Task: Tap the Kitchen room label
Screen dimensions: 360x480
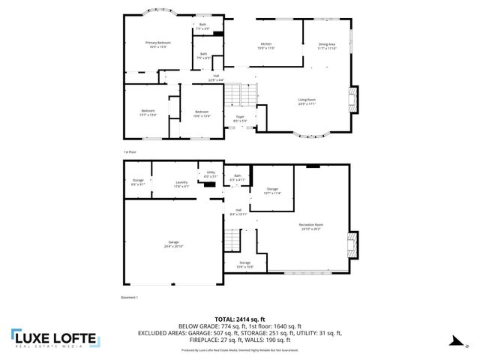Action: (x=265, y=44)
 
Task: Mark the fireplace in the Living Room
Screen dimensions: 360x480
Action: (x=352, y=100)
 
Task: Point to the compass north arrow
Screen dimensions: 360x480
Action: (x=454, y=341)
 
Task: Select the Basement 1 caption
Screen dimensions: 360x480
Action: (x=130, y=297)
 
